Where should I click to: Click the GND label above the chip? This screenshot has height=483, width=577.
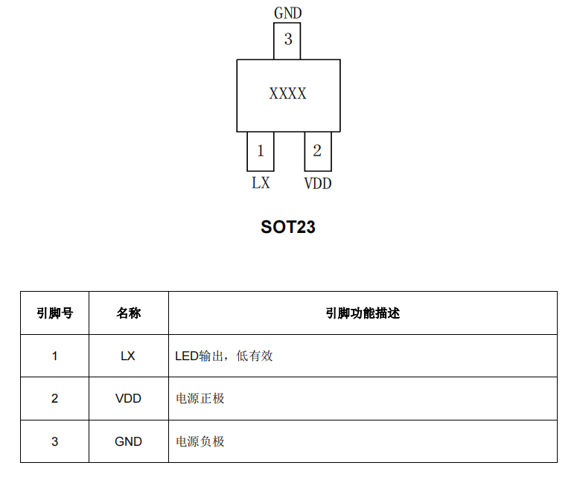pos(287,13)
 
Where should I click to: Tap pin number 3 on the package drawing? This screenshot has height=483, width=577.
pos(287,40)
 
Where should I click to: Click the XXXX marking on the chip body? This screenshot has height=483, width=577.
pos(287,94)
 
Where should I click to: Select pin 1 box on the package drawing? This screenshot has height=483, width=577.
pos(261,151)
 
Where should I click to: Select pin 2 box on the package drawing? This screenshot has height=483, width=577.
pos(317,151)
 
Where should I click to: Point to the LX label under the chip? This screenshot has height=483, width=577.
pos(261,182)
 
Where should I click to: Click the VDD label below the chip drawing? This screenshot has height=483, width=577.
pos(318,183)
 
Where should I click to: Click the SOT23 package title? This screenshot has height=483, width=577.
pos(288,227)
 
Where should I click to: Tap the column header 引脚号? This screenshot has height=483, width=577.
pos(54,313)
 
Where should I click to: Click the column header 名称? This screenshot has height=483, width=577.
pos(128,313)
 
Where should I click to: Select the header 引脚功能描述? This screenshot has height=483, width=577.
pos(363,313)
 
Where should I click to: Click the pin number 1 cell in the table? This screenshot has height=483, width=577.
pos(54,356)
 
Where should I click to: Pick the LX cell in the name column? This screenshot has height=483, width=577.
pos(128,356)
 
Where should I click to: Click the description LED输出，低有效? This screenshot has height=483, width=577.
pos(224,356)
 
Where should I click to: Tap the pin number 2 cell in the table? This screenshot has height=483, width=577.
pos(54,398)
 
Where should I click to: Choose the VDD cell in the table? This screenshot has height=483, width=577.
pos(128,398)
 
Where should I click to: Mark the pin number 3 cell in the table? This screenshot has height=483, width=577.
pos(54,441)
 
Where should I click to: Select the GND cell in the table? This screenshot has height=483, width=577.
pos(128,441)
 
